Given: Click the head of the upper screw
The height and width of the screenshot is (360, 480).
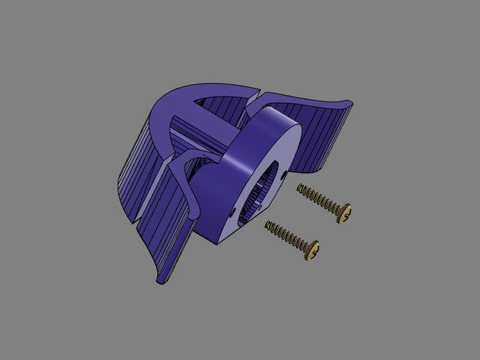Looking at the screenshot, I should click(x=347, y=213).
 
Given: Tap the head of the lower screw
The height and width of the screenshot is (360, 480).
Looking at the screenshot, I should click(x=312, y=249).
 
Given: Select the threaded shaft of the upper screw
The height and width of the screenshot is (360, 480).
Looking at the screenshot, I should click(x=321, y=199).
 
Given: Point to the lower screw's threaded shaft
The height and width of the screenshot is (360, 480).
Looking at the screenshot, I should click(x=288, y=236).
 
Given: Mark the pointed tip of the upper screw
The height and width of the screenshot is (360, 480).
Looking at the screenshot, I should click(x=299, y=187).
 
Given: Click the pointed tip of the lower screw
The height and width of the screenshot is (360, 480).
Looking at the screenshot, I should click(x=266, y=225).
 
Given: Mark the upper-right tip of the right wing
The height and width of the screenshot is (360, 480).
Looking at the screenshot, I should click(x=349, y=103).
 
